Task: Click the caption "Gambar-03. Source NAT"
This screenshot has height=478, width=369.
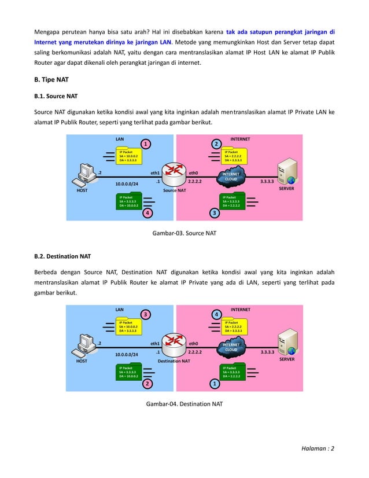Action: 184,233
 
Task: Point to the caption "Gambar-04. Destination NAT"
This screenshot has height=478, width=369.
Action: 184,403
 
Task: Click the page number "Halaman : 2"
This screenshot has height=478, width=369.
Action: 317,448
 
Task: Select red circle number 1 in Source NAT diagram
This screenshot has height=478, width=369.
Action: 147,144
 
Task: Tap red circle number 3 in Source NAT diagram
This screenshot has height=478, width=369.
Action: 215,213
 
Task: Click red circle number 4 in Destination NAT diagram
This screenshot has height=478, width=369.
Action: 217,314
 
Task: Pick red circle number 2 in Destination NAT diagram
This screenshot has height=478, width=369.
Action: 147,383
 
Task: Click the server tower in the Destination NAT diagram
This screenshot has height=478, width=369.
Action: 287,342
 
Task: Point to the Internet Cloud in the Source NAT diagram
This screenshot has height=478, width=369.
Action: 231,177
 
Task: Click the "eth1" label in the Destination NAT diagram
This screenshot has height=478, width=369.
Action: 155,343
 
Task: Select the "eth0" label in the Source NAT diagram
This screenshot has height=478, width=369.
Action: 195,172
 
